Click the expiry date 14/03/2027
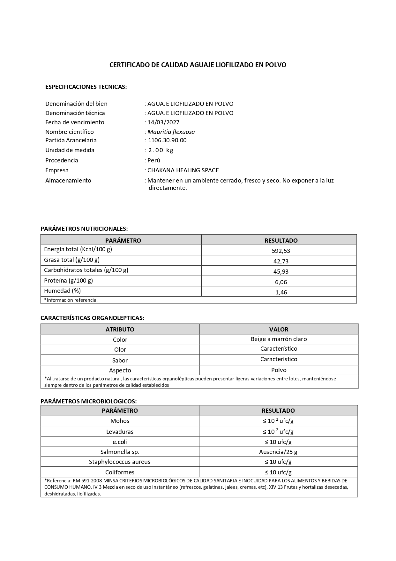[163, 122]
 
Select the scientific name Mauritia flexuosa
[171, 132]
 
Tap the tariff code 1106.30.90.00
[167, 140]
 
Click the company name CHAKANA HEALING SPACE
[183, 170]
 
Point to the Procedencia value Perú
[154, 160]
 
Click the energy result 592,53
[281, 251]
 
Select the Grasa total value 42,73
[281, 261]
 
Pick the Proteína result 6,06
[281, 282]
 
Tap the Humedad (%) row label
[62, 291]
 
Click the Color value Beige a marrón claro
[279, 339]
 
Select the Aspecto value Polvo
[279, 370]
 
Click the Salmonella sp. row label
[120, 452]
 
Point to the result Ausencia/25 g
[278, 452]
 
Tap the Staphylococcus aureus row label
[120, 462]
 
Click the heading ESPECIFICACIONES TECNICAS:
[86, 87]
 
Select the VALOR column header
[279, 329]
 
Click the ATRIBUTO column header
[120, 329]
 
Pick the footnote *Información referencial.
[71, 300]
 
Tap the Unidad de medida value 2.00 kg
[161, 150]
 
